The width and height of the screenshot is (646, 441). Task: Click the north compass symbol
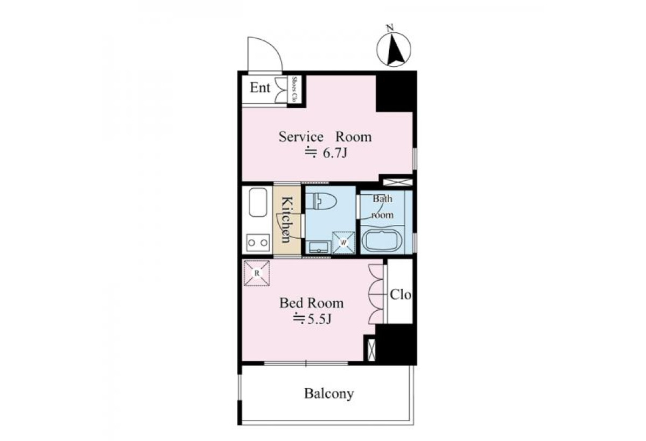pos(394,49)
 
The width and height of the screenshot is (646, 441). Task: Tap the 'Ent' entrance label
pos(260,88)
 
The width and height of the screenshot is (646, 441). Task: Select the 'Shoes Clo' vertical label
pos(294,89)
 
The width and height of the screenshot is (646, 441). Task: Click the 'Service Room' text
pos(325,137)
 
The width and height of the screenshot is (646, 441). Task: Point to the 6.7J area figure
pos(326,153)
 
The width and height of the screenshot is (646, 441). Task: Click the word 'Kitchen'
pos(286,219)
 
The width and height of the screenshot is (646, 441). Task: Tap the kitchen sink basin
pos(257,202)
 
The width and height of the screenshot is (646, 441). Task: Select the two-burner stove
pos(258,243)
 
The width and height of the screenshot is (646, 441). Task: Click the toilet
pos(321,201)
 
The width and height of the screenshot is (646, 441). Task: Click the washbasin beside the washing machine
pos(319,247)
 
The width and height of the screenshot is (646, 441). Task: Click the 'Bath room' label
pos(382,207)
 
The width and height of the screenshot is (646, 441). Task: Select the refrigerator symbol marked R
pos(257,273)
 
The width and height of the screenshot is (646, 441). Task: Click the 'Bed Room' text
pos(312,303)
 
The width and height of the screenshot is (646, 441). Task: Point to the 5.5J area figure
pos(312,319)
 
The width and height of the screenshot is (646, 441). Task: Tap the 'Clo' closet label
pos(401,294)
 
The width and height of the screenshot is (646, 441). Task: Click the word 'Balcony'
pos(329,394)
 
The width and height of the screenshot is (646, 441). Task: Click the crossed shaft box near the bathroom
pos(398,182)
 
